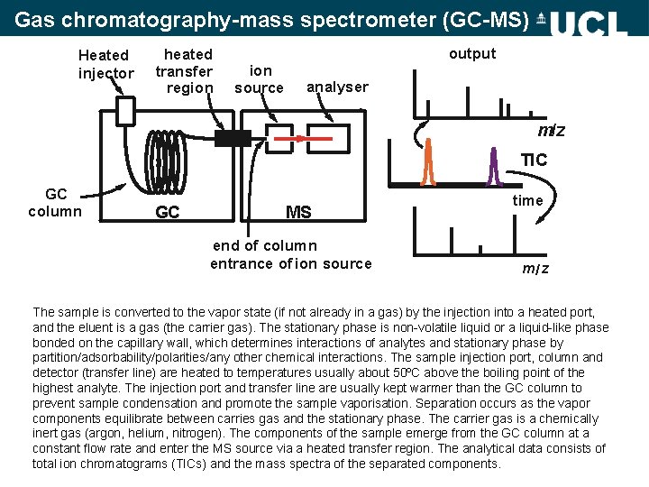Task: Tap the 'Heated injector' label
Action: click(x=105, y=64)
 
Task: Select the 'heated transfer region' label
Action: click(x=185, y=71)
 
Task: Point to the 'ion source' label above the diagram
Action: click(x=260, y=79)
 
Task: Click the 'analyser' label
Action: click(x=337, y=87)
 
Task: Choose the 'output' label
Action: click(x=472, y=54)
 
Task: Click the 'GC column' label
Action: click(x=55, y=203)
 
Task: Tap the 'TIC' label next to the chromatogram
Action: click(x=534, y=161)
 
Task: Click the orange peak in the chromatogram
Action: click(x=429, y=162)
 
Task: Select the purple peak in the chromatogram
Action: click(x=493, y=166)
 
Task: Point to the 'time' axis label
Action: click(x=528, y=201)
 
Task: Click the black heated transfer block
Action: click(x=233, y=138)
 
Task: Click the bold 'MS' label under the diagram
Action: click(x=298, y=213)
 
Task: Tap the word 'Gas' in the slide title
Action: click(x=33, y=18)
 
